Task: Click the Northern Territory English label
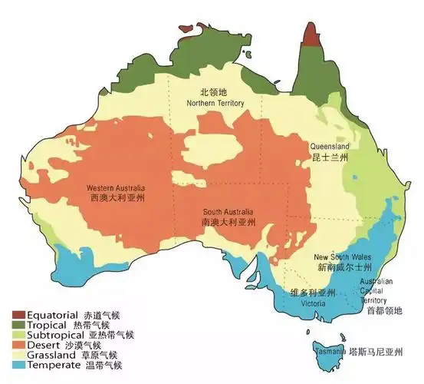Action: coord(217,102)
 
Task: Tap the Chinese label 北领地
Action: coord(215,92)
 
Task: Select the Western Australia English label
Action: coord(116,188)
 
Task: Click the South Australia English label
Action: coord(228,212)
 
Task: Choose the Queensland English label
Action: coord(330,146)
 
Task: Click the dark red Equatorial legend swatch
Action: coord(18,316)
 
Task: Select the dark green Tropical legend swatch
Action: coord(18,326)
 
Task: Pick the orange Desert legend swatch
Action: coord(18,346)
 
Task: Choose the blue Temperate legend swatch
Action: coord(18,366)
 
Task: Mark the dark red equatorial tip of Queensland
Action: coord(311,35)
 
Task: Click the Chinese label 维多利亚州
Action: coord(313,293)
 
